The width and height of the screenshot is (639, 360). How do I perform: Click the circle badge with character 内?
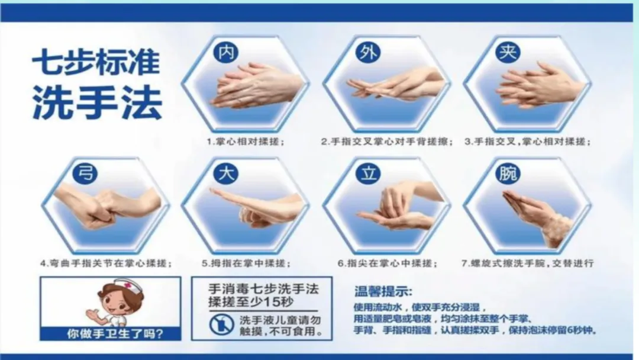click(226, 53)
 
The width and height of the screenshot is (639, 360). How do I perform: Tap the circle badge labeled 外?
click(368, 53)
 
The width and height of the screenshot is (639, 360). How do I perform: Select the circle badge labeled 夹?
click(508, 53)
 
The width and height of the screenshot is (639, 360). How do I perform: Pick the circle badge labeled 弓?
click(85, 173)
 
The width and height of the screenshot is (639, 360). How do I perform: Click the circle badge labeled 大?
click(226, 173)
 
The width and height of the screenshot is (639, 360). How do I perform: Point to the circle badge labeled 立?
click(368, 173)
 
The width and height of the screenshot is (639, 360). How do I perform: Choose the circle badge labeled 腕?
click(508, 173)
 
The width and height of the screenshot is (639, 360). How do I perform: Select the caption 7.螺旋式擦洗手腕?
click(504, 263)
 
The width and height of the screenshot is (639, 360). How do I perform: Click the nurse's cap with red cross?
click(129, 284)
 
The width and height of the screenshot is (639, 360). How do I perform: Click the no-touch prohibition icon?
click(222, 324)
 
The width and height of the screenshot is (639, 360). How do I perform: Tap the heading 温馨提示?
click(383, 291)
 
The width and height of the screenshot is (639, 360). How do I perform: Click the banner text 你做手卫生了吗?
click(115, 334)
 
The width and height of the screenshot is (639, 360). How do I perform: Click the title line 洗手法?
click(97, 102)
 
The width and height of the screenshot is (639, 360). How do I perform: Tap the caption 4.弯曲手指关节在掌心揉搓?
click(106, 263)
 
